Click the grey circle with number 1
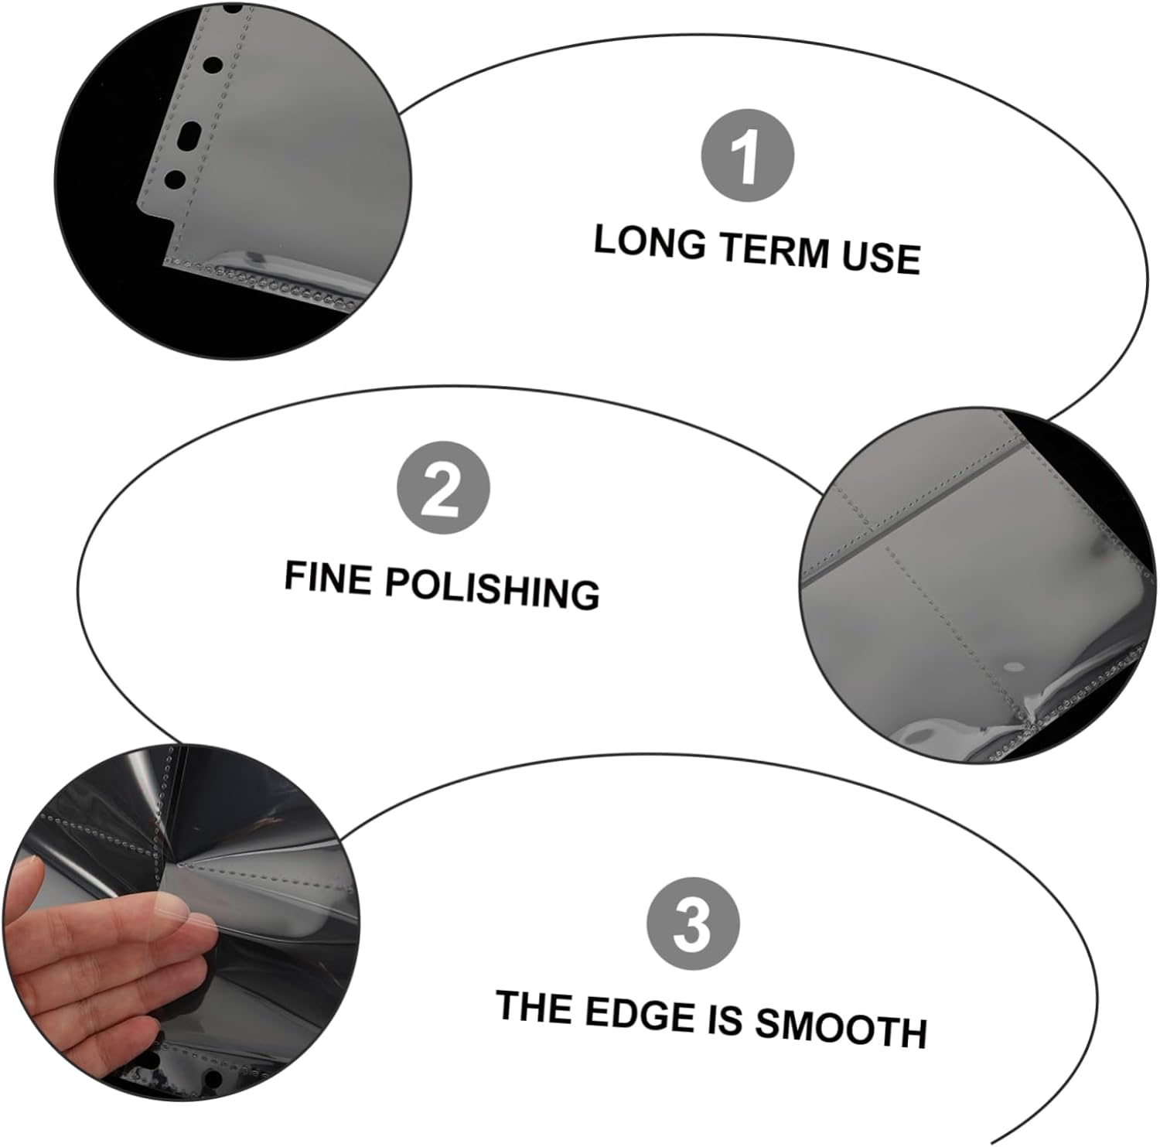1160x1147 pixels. click(747, 157)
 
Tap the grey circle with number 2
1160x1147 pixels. click(443, 488)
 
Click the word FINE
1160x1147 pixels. click(327, 577)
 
